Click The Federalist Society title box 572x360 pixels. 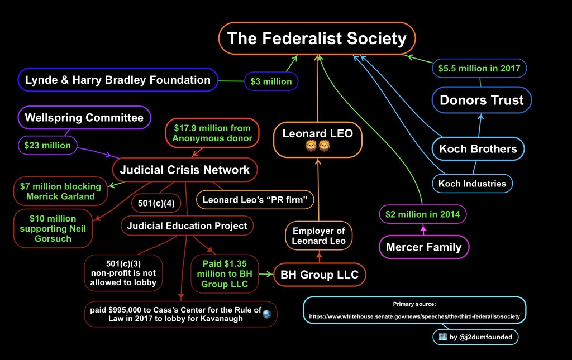(317, 39)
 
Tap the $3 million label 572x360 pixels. (271, 81)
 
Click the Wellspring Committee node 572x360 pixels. (84, 118)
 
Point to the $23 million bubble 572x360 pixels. (47, 146)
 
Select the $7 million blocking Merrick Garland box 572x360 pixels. (60, 191)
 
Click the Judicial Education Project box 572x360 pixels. (187, 226)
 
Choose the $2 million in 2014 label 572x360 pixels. (422, 214)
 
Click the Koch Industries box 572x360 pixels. (472, 183)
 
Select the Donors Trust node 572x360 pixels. (482, 100)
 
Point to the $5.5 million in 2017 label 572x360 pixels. (479, 69)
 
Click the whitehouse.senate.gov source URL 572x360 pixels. (414, 316)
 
